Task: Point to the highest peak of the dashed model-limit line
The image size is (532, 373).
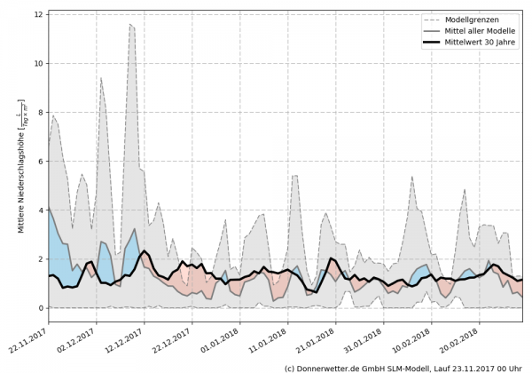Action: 129,25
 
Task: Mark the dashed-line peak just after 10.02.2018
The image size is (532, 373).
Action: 412,177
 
